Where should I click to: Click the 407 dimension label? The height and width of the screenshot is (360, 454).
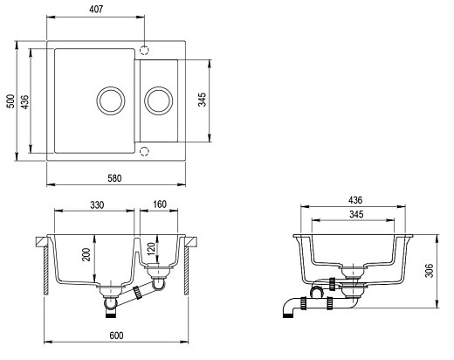click(x=96, y=10)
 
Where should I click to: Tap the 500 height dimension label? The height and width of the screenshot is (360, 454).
click(x=10, y=101)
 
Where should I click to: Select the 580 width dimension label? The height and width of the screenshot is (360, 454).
click(x=114, y=178)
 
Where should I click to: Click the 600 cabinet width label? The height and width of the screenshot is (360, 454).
click(x=116, y=336)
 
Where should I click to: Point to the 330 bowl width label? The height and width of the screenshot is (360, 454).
click(x=97, y=205)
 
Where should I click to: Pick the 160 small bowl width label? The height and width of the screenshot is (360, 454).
click(x=160, y=204)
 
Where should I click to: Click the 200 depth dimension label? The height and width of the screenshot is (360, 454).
click(x=87, y=254)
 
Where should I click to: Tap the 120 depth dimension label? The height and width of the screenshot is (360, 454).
click(x=152, y=249)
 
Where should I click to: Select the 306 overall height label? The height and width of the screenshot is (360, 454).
click(x=430, y=271)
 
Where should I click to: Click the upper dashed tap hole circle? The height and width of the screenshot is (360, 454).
click(x=144, y=50)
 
